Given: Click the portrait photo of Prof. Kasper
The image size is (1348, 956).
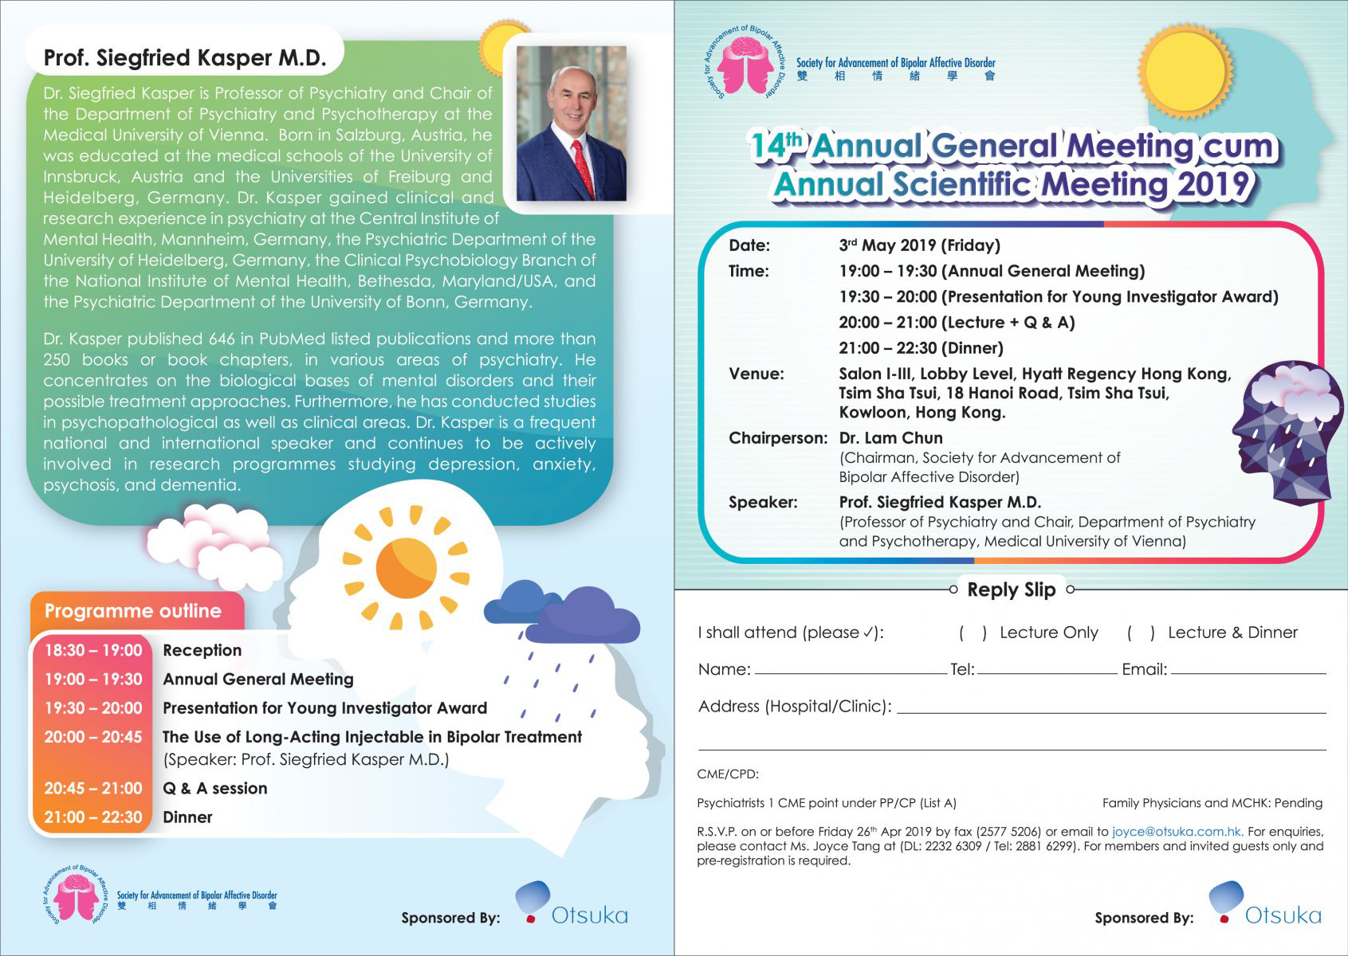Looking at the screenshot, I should click(571, 123).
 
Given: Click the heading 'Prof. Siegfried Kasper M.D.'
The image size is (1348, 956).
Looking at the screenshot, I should click(185, 58).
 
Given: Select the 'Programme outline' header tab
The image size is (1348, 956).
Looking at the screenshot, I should click(133, 611).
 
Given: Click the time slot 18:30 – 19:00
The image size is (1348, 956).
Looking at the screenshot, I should click(93, 650).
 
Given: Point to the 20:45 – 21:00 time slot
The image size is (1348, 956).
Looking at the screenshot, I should click(93, 788).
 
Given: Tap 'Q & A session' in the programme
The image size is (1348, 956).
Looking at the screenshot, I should click(214, 788).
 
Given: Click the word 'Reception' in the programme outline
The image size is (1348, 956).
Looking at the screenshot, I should click(202, 650).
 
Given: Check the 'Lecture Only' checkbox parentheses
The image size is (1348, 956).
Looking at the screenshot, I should click(973, 633).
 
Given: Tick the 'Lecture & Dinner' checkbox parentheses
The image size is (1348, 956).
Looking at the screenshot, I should click(1141, 633).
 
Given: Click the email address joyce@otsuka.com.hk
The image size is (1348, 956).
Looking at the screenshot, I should click(1177, 832).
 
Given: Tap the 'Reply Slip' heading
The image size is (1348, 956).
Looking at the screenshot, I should click(1011, 590).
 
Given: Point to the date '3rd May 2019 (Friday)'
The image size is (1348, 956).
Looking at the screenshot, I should click(919, 245).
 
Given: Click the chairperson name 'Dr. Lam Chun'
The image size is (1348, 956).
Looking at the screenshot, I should click(890, 438).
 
